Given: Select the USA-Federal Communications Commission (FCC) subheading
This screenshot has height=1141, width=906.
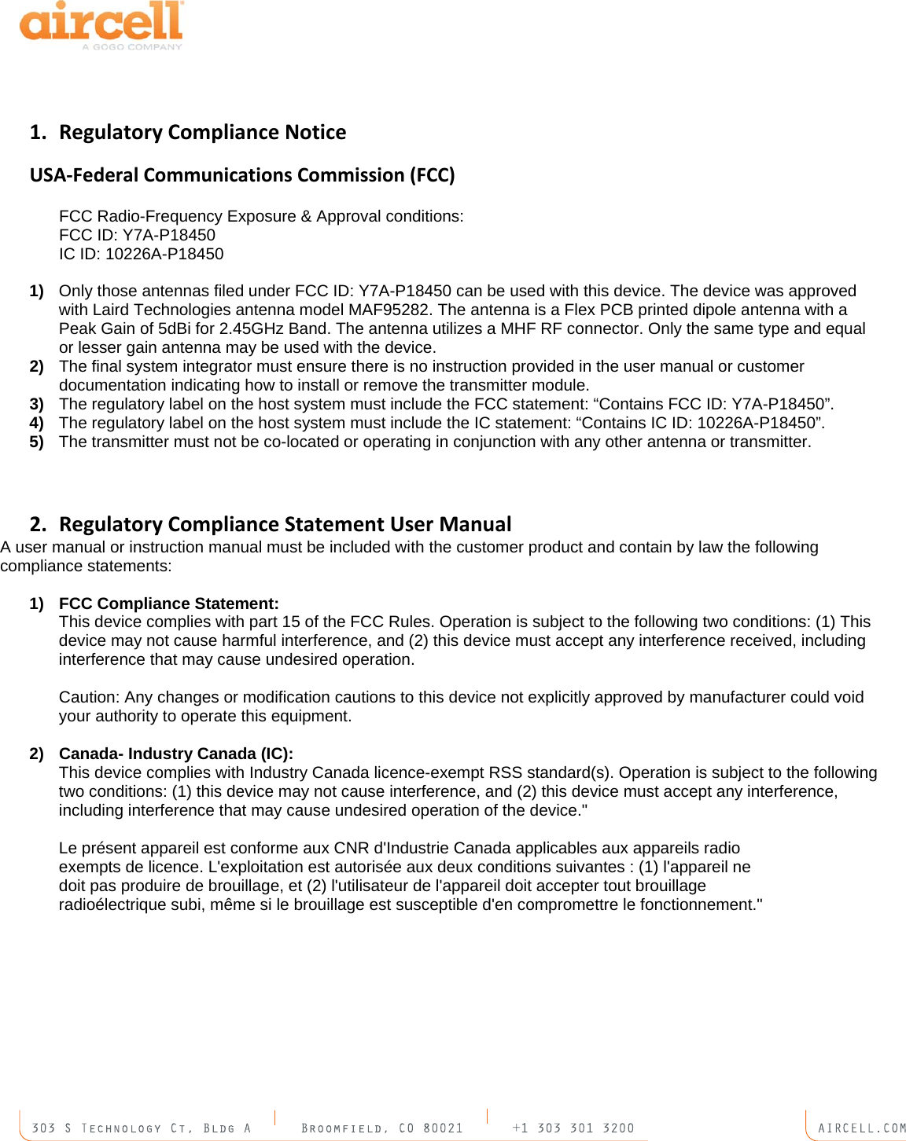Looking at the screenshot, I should pyautogui.click(x=242, y=174).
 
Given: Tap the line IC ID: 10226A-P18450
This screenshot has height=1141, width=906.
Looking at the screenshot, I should pyautogui.click(x=141, y=254).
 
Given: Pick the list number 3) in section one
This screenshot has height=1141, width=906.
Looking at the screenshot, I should pyautogui.click(x=36, y=404).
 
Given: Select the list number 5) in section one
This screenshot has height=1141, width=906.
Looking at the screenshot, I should pyautogui.click(x=36, y=442).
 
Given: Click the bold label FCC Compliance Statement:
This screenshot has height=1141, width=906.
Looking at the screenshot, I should pyautogui.click(x=168, y=604).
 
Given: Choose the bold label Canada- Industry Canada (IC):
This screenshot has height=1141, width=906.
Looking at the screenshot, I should pyautogui.click(x=175, y=754).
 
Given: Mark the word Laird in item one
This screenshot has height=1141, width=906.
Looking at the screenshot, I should pyautogui.click(x=110, y=310).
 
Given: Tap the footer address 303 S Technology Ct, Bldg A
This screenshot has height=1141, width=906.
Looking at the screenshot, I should pyautogui.click(x=141, y=1128).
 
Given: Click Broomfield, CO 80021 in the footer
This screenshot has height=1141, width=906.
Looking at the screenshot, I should pyautogui.click(x=382, y=1128).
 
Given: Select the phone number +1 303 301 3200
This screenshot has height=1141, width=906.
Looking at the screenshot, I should pyautogui.click(x=573, y=1128).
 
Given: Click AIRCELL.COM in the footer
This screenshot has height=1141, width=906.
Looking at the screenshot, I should pyautogui.click(x=861, y=1128).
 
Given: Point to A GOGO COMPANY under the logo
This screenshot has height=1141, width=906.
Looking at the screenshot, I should pyautogui.click(x=132, y=47).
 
